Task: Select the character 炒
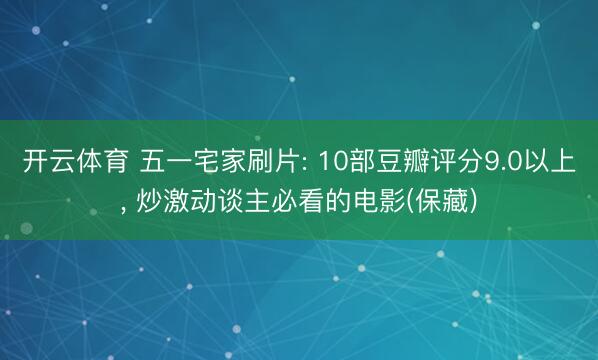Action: [x=146, y=203]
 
